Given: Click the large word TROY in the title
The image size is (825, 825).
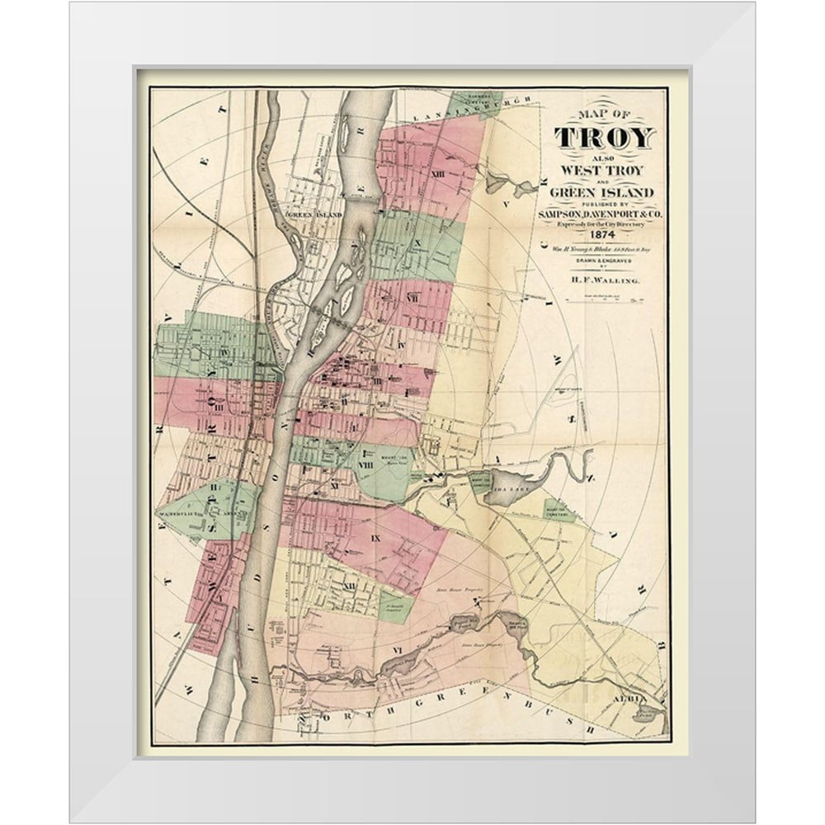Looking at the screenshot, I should click(x=605, y=138).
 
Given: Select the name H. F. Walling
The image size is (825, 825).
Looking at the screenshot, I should click(x=605, y=282).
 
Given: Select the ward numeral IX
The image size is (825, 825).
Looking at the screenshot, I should click(x=375, y=538).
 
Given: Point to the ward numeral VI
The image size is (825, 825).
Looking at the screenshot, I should click(x=397, y=651).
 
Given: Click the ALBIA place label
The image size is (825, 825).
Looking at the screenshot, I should click(x=624, y=698).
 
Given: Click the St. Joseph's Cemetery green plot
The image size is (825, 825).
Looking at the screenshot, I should click(x=395, y=607).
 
